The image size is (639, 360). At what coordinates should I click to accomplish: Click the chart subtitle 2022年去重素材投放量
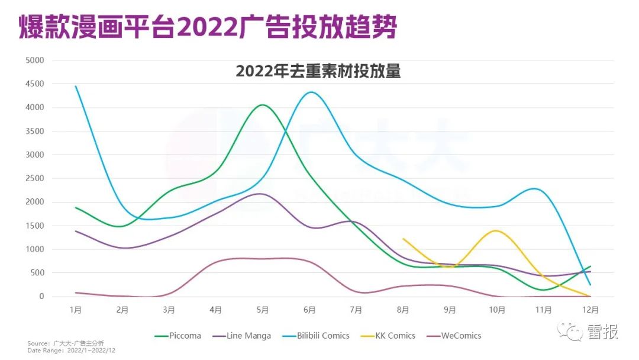pos(318,71)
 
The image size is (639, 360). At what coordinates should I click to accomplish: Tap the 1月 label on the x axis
pos(75,310)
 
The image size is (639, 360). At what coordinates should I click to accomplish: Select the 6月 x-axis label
pos(309,310)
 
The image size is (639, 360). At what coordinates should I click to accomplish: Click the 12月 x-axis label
pos(590,310)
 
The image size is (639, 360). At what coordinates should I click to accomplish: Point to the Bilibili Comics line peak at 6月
pos(311,92)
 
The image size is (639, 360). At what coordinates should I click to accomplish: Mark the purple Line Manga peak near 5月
pos(261,194)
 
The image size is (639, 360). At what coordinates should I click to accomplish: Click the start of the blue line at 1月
pos(76,86)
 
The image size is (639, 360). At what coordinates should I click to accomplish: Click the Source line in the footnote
pos(65,343)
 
